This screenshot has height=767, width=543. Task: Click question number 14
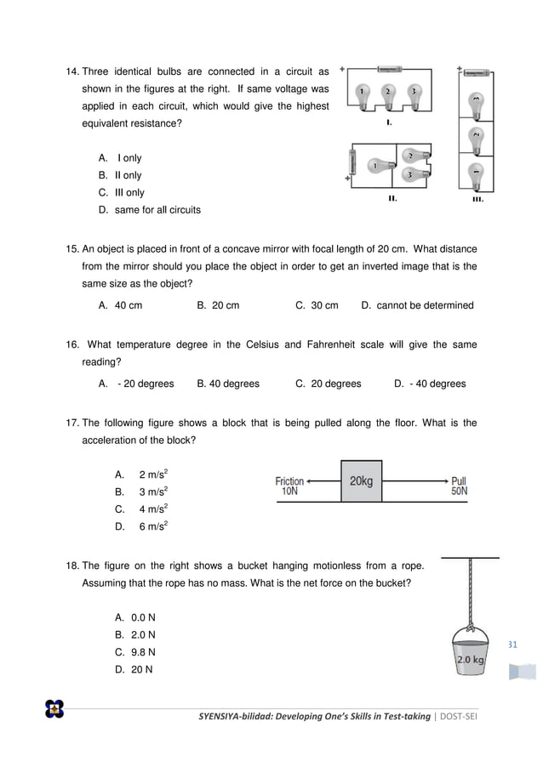pos(71,71)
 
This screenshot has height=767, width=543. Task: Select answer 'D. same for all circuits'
pos(150,210)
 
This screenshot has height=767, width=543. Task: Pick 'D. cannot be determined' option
pos(417,305)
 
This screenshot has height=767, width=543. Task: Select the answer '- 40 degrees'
pos(430,383)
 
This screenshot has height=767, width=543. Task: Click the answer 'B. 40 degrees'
pos(228,383)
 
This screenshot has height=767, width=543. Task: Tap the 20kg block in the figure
pos(361,481)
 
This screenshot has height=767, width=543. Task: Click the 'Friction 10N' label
pos(289,486)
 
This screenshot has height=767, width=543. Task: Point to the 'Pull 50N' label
pos(459,486)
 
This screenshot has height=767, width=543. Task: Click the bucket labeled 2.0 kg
pos(471,651)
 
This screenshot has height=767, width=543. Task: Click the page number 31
pos(512,644)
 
